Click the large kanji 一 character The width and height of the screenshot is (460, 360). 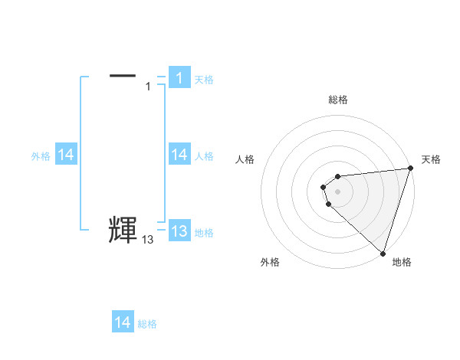[123, 76]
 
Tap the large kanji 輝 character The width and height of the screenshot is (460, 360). [123, 230]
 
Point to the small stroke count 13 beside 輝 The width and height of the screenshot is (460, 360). [148, 240]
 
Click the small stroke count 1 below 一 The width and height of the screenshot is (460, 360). [148, 87]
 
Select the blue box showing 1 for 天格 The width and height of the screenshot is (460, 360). [179, 77]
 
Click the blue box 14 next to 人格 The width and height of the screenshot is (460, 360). [179, 155]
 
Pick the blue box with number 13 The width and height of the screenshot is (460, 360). [179, 231]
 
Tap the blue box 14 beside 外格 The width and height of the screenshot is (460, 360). [66, 155]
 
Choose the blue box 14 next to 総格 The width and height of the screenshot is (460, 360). [123, 322]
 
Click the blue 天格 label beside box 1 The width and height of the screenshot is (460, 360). [204, 79]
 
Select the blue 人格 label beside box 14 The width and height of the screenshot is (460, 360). [204, 156]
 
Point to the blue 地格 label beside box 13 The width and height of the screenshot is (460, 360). [204, 233]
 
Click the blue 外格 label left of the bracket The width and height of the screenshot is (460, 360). [41, 156]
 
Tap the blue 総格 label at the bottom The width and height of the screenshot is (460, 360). [147, 324]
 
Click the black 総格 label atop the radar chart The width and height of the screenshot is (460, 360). [338, 100]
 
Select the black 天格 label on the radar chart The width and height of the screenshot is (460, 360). [432, 159]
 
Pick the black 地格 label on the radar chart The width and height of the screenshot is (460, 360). [402, 262]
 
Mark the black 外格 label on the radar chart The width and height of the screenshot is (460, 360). [270, 262]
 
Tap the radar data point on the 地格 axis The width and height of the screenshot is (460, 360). [383, 253]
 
